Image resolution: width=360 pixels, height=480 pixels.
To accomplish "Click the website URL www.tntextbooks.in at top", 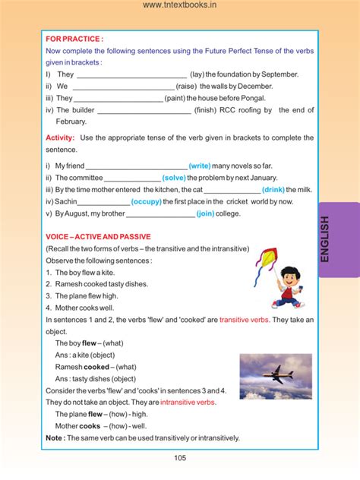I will point(180,6).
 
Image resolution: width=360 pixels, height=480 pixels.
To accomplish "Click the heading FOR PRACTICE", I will point(74,38).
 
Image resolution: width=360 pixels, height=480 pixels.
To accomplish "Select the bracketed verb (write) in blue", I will point(200,166).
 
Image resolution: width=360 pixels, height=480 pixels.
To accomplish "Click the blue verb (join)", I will point(205,213).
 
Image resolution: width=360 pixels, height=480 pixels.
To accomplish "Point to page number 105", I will point(180,457).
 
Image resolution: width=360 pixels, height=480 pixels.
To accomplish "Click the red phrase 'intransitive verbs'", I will point(182,402).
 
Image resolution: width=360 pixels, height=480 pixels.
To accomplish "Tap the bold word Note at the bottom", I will point(53,437).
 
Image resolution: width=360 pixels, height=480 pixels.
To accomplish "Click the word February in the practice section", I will point(71,122).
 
